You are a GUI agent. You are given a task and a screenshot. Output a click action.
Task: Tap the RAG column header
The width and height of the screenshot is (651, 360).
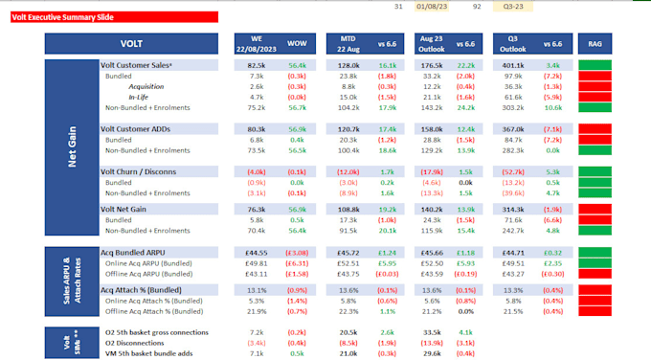pos(595,43)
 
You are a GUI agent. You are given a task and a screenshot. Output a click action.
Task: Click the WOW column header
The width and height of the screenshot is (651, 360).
pos(297,43)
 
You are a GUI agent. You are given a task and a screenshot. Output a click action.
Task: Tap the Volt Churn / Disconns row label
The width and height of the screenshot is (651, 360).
pos(140,171)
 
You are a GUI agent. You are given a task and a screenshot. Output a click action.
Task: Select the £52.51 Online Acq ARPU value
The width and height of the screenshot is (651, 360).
pos(347,263)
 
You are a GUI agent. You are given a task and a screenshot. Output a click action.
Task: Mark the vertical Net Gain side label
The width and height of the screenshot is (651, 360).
pos(70,148)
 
